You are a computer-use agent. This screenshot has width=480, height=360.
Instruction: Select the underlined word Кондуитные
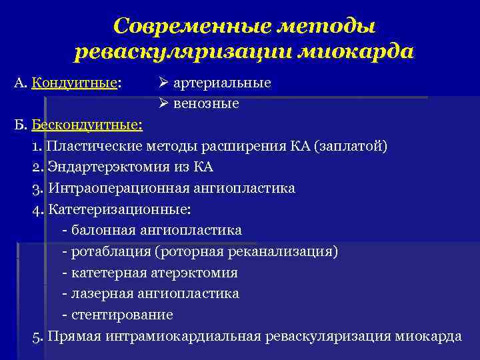click(x=74, y=83)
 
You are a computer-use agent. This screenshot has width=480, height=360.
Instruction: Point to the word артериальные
click(x=222, y=83)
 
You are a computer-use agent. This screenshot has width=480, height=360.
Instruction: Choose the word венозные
click(x=206, y=104)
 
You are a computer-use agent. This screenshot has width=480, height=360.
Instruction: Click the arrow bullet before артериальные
click(x=164, y=83)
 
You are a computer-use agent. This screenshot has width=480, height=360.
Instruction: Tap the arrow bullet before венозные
click(x=164, y=104)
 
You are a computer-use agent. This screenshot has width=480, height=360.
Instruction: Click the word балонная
click(x=101, y=230)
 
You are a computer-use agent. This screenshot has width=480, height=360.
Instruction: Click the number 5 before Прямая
click(x=35, y=335)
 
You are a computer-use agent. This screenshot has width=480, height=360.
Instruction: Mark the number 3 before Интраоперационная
click(x=35, y=188)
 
